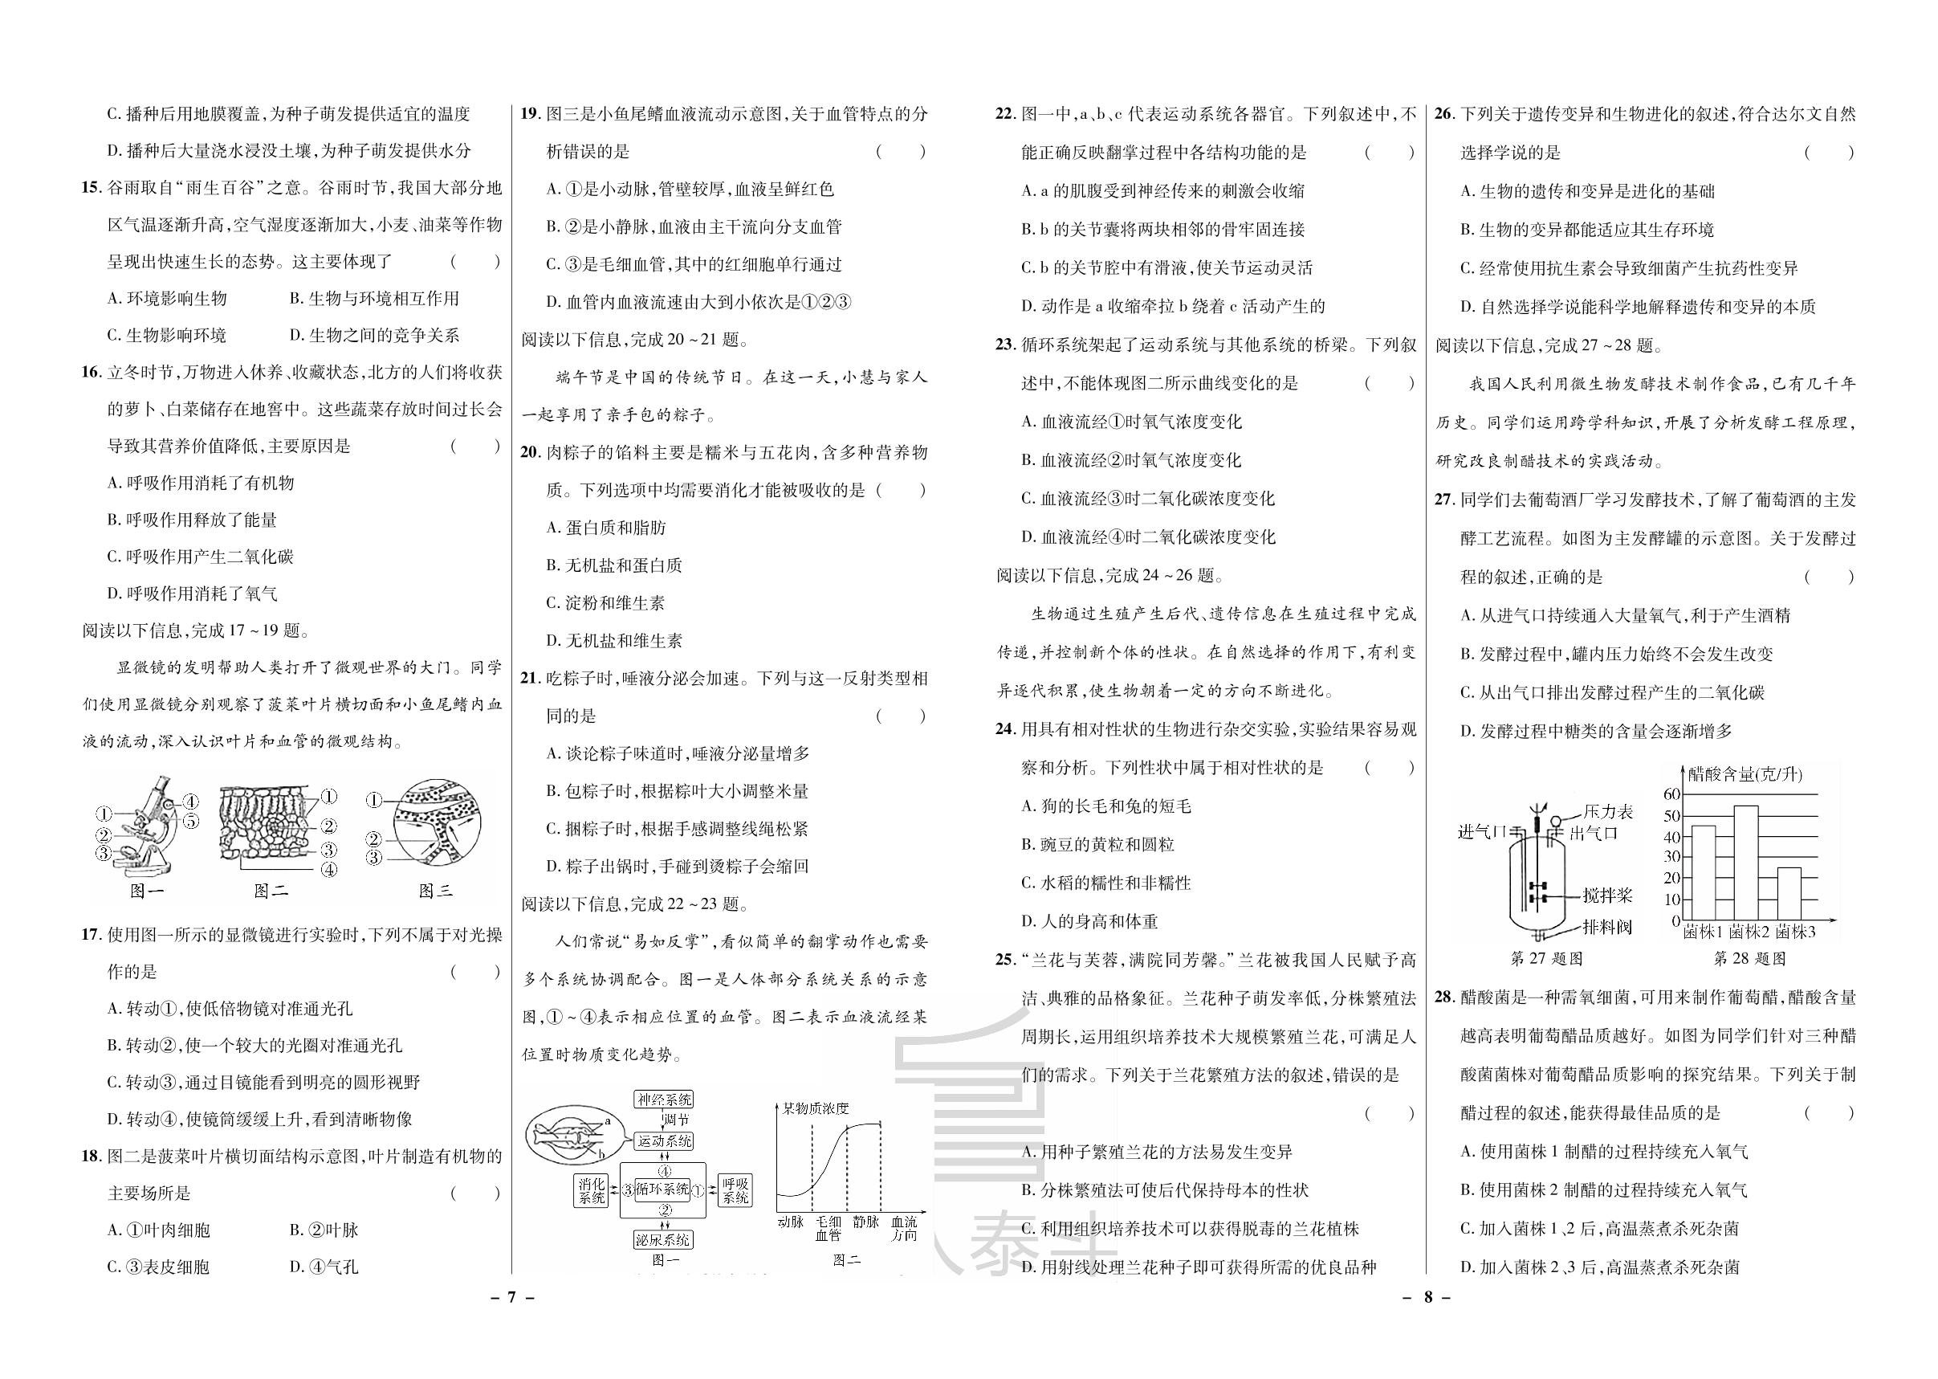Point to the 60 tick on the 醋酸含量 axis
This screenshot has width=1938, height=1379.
[x=1671, y=794]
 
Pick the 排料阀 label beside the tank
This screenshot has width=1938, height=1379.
[x=1607, y=926]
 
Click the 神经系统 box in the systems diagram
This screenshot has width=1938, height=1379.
[x=665, y=1100]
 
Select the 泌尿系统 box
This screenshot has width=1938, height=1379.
[x=664, y=1240]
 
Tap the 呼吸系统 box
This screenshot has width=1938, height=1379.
[x=735, y=1190]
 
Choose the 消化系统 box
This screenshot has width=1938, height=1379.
[x=591, y=1190]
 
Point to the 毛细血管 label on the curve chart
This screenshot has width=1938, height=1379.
[x=828, y=1229]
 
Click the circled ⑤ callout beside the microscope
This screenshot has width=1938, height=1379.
[x=191, y=820]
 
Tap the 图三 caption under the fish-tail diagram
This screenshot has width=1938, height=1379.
[x=435, y=890]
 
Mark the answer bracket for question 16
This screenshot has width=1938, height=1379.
[x=475, y=446]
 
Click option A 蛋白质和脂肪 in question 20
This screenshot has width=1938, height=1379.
[x=606, y=528]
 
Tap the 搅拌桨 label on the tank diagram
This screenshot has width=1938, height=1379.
[x=1607, y=895]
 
